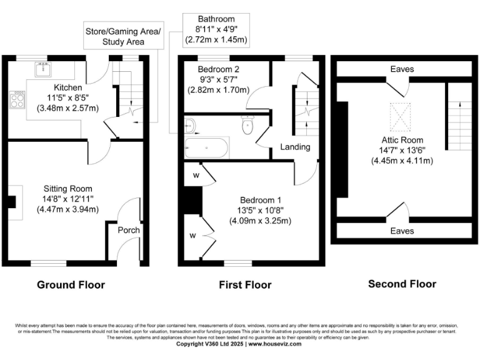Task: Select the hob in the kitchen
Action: [17, 99]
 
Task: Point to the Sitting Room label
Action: [67, 189]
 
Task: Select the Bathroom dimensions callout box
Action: [216, 29]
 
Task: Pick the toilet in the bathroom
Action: [247, 126]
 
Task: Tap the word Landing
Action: [296, 147]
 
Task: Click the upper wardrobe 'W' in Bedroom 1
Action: [196, 176]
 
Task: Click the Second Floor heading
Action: [402, 284]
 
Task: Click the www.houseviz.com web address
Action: [276, 344]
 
